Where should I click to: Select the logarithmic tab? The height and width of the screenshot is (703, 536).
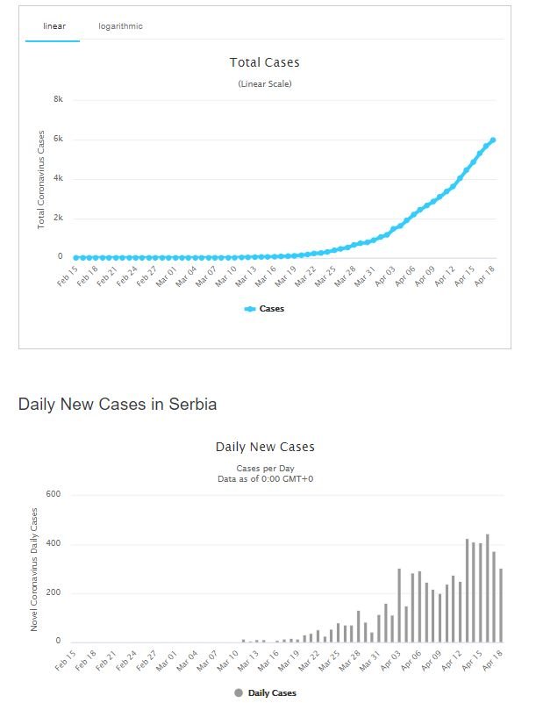coord(120,26)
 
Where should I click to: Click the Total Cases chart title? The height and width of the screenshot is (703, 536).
coord(264,62)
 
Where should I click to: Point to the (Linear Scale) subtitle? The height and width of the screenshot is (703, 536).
coord(264,84)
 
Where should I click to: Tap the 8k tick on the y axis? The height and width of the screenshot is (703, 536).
coord(58,100)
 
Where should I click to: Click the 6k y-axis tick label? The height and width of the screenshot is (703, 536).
coord(58,140)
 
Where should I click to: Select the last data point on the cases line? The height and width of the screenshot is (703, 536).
coord(493,140)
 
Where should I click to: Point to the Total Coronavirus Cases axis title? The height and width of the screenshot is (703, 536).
coord(41,179)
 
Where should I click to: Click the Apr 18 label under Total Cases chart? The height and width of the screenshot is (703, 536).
coord(487,279)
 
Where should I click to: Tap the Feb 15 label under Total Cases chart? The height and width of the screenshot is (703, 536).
coord(65,279)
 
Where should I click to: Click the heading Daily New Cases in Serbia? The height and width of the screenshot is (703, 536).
coord(118,405)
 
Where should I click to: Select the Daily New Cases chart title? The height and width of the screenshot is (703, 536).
coord(264,447)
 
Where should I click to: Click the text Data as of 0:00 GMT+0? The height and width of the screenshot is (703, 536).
coord(264,479)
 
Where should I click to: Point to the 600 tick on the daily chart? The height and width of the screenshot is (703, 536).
coord(53,494)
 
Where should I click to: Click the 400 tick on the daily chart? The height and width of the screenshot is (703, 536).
coord(53,544)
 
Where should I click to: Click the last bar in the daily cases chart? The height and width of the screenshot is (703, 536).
coord(500,605)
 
